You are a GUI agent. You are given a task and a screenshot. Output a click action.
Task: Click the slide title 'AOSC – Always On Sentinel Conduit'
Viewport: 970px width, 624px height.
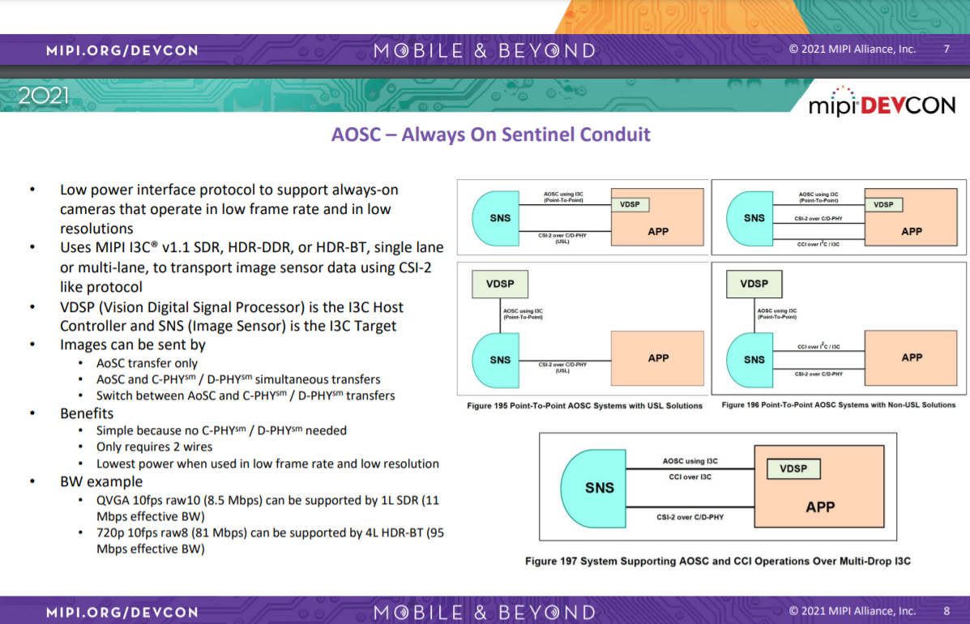490,134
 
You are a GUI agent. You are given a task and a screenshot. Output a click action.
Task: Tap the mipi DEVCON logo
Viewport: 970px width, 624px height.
882,103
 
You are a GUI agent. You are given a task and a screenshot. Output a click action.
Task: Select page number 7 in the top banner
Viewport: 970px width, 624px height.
946,49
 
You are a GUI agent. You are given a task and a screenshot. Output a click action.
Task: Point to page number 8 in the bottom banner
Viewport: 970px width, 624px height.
946,610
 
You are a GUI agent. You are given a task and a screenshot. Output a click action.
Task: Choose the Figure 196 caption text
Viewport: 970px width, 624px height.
838,404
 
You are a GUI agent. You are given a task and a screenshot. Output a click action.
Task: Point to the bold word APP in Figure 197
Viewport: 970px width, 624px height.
820,507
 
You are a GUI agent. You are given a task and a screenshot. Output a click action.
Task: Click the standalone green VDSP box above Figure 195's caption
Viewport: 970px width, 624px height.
500,284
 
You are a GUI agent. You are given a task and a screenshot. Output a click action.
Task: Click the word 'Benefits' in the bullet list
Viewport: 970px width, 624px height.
87,413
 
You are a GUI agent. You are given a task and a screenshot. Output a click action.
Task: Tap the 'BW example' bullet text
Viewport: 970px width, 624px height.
101,481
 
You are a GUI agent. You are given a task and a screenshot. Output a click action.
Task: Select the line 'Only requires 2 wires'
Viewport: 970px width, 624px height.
154,447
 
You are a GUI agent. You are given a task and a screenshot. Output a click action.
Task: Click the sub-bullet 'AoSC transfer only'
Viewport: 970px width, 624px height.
147,363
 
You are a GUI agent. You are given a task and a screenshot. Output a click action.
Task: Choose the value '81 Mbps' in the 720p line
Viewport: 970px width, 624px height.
222,533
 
